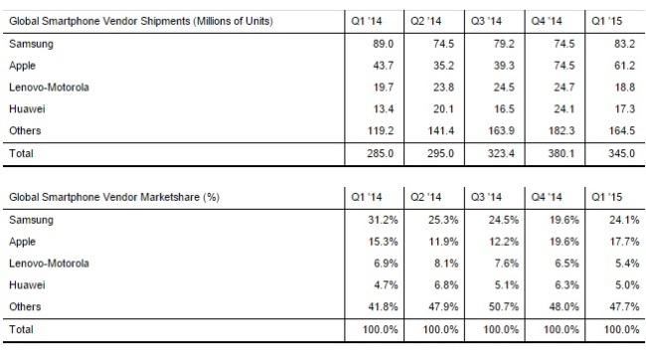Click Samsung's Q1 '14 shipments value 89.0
coord(384,44)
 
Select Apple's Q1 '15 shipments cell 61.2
coord(624,66)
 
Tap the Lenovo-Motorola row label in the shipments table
coord(49,88)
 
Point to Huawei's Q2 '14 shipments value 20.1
coord(443,109)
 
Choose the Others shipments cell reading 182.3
coord(562,130)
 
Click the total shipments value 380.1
coord(562,153)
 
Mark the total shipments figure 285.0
coord(381,153)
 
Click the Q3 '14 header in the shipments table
coord(487,21)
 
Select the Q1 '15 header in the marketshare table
coord(607,197)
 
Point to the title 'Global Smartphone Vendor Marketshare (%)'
coord(114,197)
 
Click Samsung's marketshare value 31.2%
coord(384,220)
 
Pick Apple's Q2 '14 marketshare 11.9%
coord(443,242)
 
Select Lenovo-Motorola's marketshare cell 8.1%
coord(446,264)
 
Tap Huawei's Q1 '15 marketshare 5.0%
coord(627,285)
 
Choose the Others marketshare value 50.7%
coord(504,307)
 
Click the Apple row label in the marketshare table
coord(22,242)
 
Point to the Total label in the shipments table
coord(21,153)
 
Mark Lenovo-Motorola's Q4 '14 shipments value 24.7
coord(565,88)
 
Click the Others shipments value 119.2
coord(381,130)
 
